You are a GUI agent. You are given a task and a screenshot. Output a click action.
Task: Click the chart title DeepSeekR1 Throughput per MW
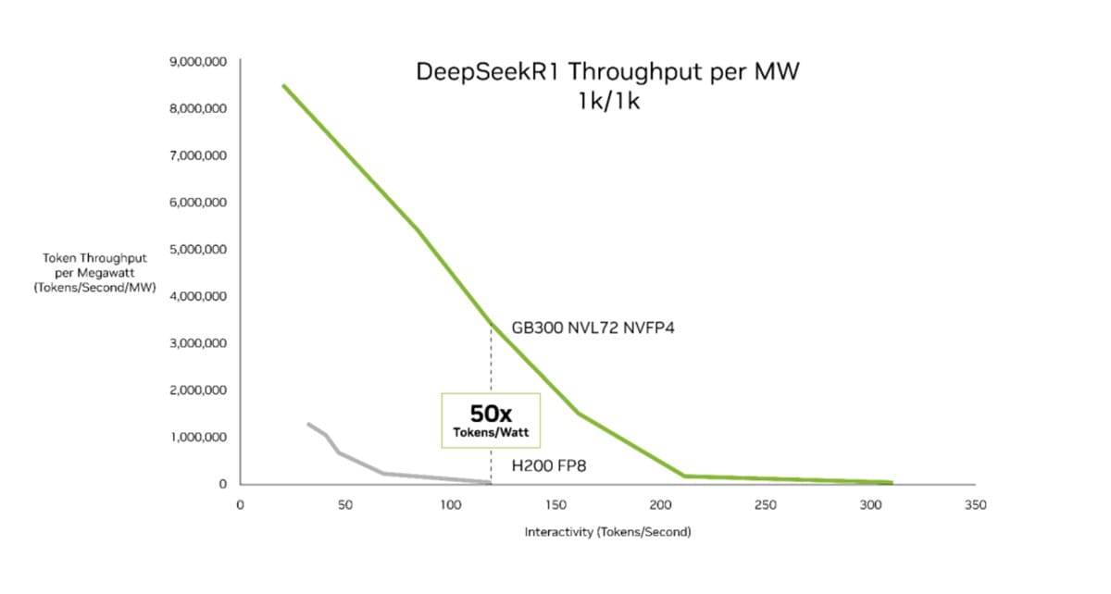(x=607, y=72)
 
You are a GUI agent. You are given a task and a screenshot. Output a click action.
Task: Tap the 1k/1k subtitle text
(x=608, y=101)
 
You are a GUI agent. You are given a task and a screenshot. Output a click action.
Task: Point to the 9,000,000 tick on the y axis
(x=199, y=62)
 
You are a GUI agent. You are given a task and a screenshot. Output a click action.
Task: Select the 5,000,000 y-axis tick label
(x=199, y=250)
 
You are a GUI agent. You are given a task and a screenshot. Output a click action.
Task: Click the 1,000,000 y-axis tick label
(x=199, y=438)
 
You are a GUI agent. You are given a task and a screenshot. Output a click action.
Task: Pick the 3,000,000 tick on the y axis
(x=199, y=343)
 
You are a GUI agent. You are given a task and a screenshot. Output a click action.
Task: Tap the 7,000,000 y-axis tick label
(x=199, y=155)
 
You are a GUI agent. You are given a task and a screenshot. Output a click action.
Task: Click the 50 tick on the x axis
(x=344, y=505)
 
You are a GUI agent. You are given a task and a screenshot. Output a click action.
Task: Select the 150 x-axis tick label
(x=555, y=505)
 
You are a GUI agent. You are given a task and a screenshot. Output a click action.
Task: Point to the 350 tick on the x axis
(x=975, y=505)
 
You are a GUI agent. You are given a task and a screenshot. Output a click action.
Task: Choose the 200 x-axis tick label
(x=660, y=505)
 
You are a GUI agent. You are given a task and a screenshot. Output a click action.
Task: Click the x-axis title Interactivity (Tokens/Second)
(x=607, y=532)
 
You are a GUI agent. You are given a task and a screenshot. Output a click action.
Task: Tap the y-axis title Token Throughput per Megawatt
(x=94, y=272)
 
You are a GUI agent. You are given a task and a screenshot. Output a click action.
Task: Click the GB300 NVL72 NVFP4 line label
(x=593, y=328)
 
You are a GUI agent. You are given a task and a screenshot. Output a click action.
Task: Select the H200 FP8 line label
(x=549, y=466)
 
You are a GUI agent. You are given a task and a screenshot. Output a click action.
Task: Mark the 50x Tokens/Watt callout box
(x=490, y=420)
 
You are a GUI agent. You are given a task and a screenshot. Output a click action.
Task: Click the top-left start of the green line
(x=283, y=86)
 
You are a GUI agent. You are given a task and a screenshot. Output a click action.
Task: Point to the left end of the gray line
(x=308, y=424)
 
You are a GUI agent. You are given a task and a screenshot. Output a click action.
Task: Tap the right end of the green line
(x=892, y=482)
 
